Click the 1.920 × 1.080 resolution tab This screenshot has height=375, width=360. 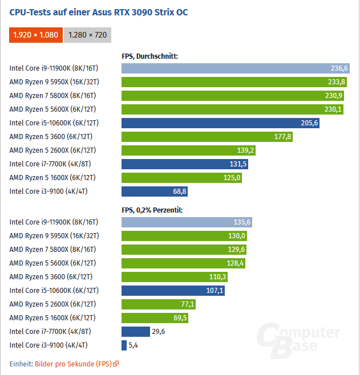(36, 35)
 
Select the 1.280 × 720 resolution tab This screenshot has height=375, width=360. (87, 35)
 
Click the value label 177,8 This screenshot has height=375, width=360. (282, 137)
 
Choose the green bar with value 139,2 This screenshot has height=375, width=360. (189, 150)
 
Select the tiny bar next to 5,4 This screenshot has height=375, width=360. (124, 345)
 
